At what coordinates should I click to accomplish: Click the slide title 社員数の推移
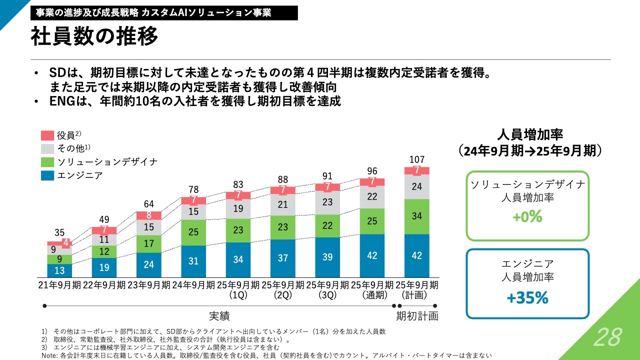[94, 36]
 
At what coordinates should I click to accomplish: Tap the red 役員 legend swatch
[47, 135]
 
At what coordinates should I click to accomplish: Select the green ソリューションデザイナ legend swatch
[47, 162]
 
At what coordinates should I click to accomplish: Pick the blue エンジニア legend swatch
[47, 175]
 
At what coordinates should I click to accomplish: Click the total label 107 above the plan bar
[416, 159]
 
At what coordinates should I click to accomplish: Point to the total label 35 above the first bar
[59, 232]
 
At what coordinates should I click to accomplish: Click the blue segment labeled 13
[59, 270]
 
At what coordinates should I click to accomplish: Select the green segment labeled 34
[416, 216]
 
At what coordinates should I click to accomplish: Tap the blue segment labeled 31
[193, 261]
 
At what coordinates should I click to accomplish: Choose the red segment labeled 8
[149, 215]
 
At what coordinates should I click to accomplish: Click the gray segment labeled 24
[416, 187]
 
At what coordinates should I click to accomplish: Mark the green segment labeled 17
[149, 244]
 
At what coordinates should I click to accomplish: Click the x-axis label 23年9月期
[149, 285]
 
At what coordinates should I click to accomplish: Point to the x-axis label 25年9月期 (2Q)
[283, 290]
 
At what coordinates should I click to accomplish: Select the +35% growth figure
[527, 298]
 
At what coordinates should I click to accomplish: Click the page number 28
[607, 337]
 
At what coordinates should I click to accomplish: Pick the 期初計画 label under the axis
[417, 316]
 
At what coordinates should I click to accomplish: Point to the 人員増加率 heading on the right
[530, 135]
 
